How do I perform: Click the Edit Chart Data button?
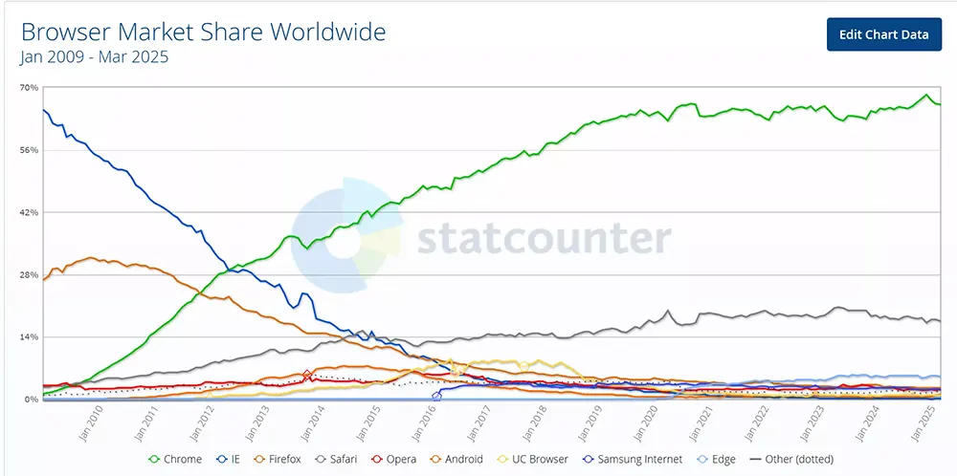coord(883,34)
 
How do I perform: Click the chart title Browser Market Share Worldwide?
coord(203,32)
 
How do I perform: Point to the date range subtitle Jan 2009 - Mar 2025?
coord(94,57)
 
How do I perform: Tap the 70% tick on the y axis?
coord(29,88)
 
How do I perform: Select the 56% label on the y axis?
coord(29,150)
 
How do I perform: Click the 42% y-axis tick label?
coord(29,212)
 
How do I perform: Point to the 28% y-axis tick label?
coord(29,274)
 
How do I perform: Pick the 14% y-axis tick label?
coord(29,337)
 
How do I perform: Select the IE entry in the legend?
coord(232,460)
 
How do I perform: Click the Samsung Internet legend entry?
coord(633,460)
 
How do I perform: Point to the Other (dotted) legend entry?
coord(797,460)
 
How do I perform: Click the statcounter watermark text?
coord(543,239)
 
